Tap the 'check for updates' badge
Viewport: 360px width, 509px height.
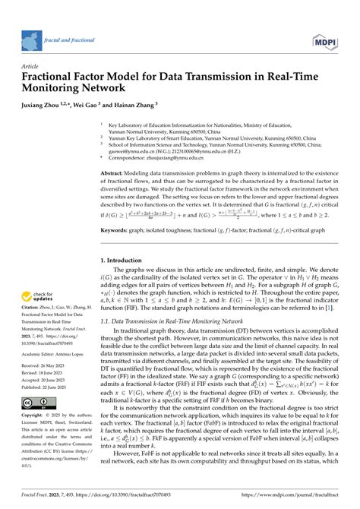coord(42,298)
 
